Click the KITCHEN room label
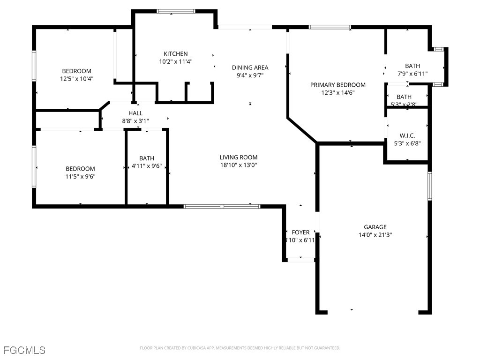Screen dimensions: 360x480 [x=175, y=54]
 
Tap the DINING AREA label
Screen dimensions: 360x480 [x=250, y=67]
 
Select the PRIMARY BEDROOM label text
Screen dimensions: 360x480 [x=337, y=85]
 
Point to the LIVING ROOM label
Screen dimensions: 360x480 [x=238, y=157]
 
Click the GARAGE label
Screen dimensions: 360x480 [x=375, y=227]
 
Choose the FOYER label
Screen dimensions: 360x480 [x=300, y=232]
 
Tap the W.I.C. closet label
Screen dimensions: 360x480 [x=407, y=135]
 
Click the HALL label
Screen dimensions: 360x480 [x=135, y=113]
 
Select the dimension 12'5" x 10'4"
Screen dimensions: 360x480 [x=77, y=79]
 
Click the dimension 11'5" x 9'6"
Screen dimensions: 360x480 [x=80, y=176]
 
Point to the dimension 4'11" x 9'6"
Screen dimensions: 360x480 [x=146, y=165]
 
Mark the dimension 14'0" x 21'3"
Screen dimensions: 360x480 [x=375, y=235]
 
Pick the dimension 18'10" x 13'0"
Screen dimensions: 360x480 [x=238, y=165]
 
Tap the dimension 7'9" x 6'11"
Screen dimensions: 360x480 [x=412, y=74]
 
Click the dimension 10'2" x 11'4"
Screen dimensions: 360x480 [x=175, y=61]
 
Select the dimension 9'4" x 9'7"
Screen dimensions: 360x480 [x=250, y=75]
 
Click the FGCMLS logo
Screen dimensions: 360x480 [x=24, y=350]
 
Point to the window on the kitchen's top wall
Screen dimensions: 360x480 [x=176, y=11]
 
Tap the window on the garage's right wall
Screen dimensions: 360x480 [x=429, y=186]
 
